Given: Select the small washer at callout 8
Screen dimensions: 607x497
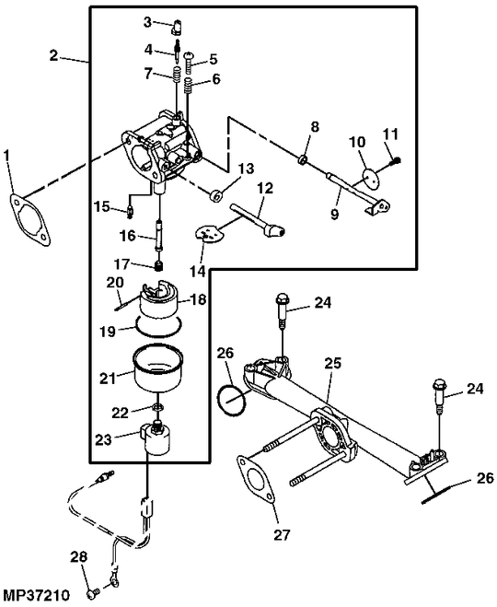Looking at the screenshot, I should click(x=302, y=160).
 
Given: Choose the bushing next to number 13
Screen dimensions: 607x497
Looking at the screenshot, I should click(x=214, y=195).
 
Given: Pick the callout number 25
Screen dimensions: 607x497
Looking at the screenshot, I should click(x=332, y=362).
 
